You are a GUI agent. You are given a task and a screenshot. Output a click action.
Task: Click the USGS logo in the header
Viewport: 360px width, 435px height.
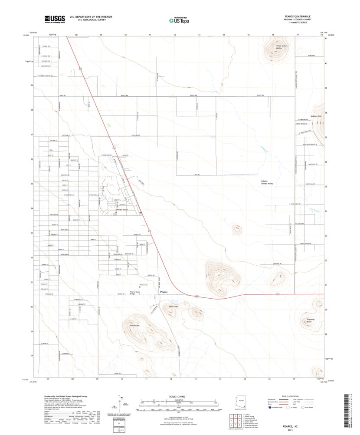coord(54,19)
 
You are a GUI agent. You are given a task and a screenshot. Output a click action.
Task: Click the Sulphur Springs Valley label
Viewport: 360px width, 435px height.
coord(267,182)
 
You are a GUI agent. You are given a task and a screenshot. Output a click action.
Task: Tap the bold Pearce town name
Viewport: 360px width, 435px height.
coord(164,292)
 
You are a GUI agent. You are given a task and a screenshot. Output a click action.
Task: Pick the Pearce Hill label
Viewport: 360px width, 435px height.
coord(173,307)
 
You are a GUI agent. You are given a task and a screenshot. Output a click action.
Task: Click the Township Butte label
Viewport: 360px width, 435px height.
coord(310,320)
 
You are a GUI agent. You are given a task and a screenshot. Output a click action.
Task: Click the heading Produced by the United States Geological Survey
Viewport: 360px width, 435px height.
coord(67,396)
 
